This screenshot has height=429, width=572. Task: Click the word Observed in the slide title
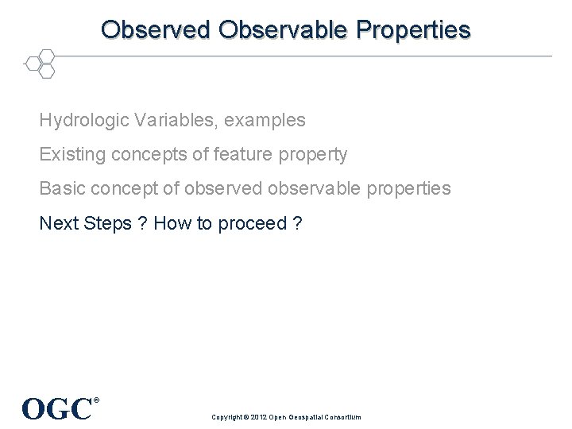point(157,29)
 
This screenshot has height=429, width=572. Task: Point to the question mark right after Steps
point(141,223)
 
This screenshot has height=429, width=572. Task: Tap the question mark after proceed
point(297,223)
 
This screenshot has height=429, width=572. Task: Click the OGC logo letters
point(56,409)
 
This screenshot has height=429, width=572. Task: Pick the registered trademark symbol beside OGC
point(97,400)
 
